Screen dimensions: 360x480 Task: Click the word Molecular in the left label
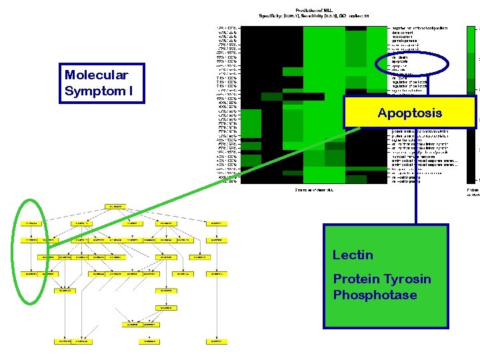96,75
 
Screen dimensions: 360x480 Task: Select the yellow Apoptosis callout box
409,113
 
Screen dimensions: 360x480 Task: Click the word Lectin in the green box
353,255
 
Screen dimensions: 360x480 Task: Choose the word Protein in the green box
355,279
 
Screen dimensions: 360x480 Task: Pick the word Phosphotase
375,295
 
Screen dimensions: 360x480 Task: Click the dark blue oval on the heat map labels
407,63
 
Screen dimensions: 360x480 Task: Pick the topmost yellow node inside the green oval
30,223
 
